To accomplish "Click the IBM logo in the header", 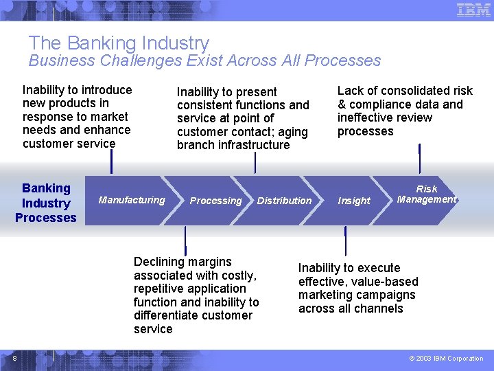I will (473, 10).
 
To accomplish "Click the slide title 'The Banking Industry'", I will (119, 44).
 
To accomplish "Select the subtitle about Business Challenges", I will (204, 60).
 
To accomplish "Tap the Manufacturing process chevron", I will (132, 200).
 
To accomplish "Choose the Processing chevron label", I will (215, 201).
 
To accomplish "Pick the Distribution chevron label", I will (284, 201).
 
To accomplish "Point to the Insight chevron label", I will (354, 201).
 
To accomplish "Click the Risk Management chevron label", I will (426, 194).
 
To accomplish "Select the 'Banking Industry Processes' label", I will (46, 203).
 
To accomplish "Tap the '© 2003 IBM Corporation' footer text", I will (446, 358).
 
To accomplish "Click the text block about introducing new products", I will (77, 117).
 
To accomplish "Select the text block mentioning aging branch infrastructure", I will (243, 118).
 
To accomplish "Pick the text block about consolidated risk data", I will (405, 111).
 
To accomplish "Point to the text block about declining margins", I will (196, 295).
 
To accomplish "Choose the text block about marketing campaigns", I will (358, 288).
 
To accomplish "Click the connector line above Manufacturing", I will (111, 161).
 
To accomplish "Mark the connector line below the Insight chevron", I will (345, 241).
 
